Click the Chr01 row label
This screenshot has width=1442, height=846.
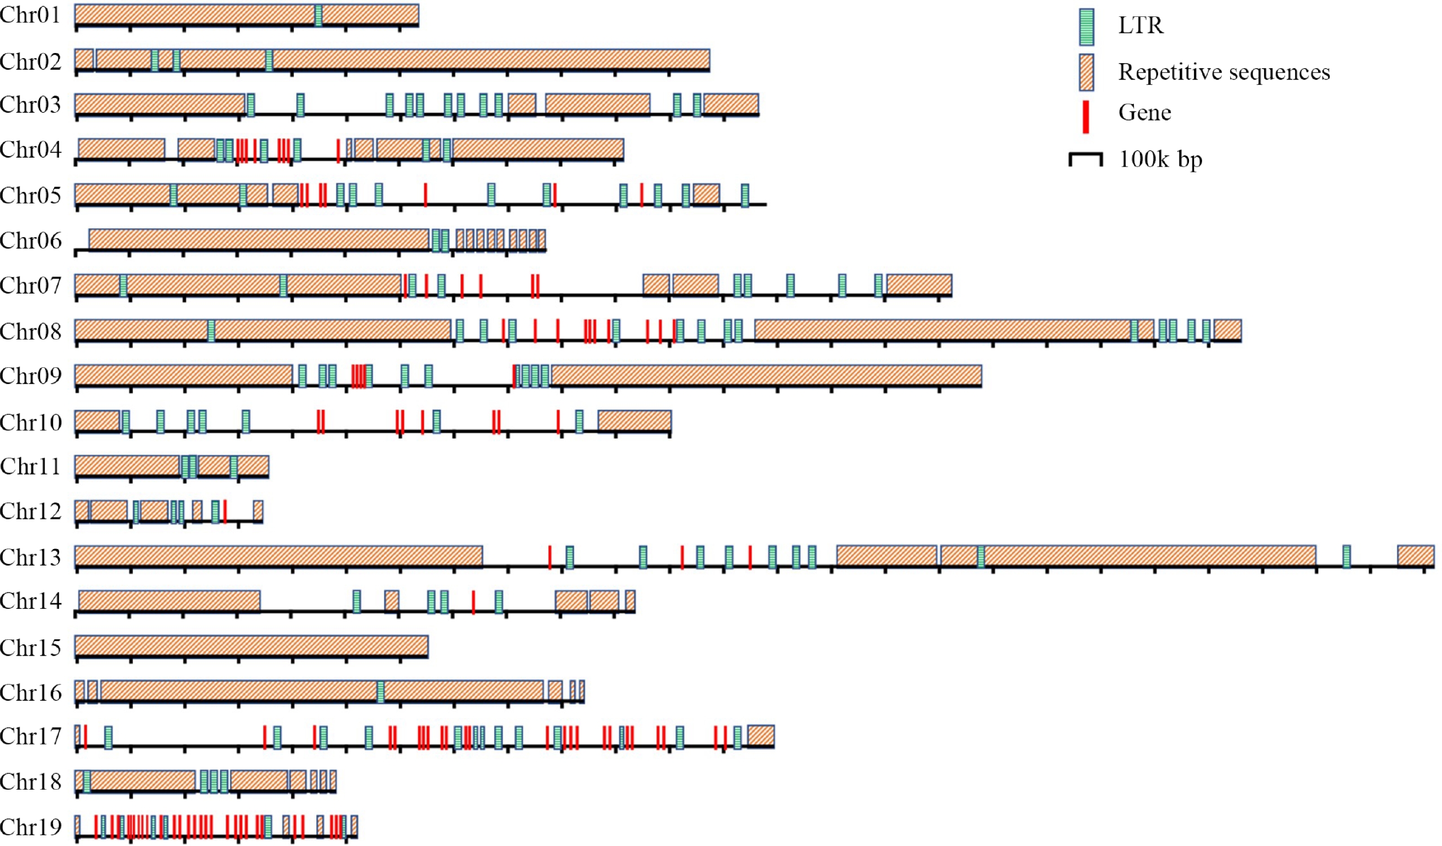pyautogui.click(x=30, y=15)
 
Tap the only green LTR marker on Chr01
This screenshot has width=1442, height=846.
pyautogui.click(x=318, y=15)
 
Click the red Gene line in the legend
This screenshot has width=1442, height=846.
pyautogui.click(x=1085, y=117)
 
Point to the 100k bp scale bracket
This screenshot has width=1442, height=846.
pyautogui.click(x=1085, y=158)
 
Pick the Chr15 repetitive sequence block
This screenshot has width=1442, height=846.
pyautogui.click(x=251, y=646)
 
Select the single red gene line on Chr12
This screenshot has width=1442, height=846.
pyautogui.click(x=225, y=511)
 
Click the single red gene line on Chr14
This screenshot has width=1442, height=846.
pyautogui.click(x=473, y=602)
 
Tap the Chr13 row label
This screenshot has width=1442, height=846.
pyautogui.click(x=30, y=557)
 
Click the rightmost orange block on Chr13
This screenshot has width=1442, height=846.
pyautogui.click(x=1415, y=555)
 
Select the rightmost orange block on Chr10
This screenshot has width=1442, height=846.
pyautogui.click(x=634, y=421)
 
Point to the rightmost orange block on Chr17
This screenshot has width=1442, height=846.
pyautogui.click(x=761, y=736)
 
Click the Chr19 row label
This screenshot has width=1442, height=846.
pyautogui.click(x=30, y=826)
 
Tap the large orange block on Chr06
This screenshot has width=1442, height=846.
pyautogui.click(x=259, y=239)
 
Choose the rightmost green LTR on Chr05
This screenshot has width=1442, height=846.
pyautogui.click(x=744, y=195)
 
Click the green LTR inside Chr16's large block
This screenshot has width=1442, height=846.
pyautogui.click(x=380, y=691)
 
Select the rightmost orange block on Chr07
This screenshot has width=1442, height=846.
pyautogui.click(x=919, y=284)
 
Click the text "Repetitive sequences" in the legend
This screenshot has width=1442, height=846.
pyautogui.click(x=1223, y=73)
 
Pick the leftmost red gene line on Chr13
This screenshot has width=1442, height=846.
pyautogui.click(x=549, y=556)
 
